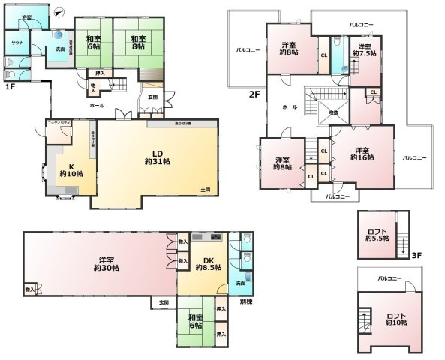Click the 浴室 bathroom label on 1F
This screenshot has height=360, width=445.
point(26,16)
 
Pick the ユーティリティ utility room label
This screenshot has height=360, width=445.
point(59,122)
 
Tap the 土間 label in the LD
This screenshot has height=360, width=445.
point(205,189)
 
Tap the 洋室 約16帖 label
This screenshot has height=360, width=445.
point(362,154)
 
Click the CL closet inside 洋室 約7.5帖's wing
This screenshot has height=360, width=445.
point(373,92)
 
